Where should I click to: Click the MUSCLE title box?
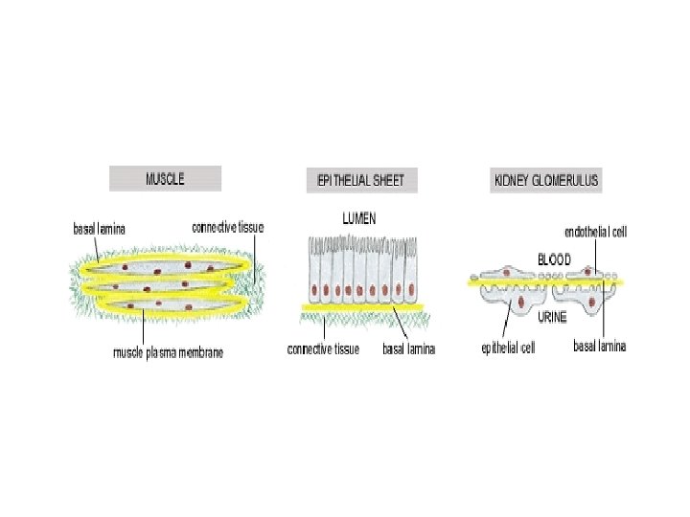click(165, 178)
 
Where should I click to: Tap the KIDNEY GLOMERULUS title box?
click(545, 179)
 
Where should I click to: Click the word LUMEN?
click(359, 218)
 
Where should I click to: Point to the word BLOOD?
click(554, 258)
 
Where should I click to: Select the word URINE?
click(552, 317)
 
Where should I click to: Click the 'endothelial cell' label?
click(595, 233)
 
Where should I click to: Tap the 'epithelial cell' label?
click(507, 348)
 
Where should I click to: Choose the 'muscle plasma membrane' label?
click(169, 352)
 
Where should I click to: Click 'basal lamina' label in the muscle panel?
click(100, 228)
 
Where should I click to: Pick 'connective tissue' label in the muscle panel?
click(227, 227)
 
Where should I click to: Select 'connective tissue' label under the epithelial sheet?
click(323, 349)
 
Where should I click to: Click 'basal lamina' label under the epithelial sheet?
click(408, 349)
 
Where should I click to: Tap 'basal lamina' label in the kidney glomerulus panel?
click(599, 347)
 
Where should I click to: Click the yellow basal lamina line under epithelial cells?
click(364, 306)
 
